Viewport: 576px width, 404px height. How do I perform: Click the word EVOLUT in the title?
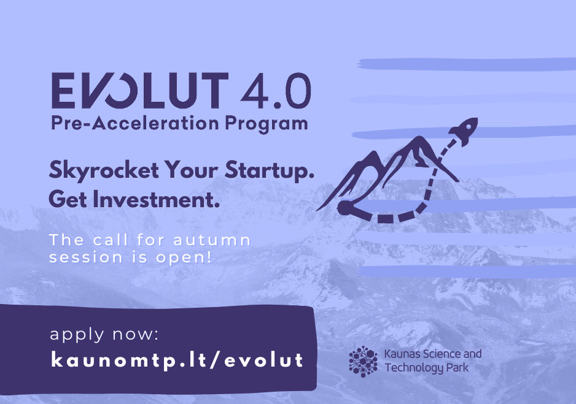pyautogui.click(x=140, y=91)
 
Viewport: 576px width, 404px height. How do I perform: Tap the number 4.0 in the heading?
pyautogui.click(x=276, y=91)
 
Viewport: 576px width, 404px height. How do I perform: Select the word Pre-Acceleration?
pyautogui.click(x=135, y=123)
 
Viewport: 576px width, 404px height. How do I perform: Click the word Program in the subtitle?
pyautogui.click(x=267, y=124)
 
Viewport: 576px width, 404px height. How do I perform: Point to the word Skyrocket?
pyautogui.click(x=104, y=170)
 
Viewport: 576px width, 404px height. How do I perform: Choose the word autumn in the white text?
pyautogui.click(x=212, y=240)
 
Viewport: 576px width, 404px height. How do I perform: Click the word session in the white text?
pyautogui.click(x=85, y=257)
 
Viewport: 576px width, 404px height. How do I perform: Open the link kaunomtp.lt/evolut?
pyautogui.click(x=177, y=360)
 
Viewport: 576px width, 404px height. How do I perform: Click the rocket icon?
pyautogui.click(x=464, y=131)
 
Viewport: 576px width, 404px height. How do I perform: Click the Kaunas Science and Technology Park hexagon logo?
pyautogui.click(x=363, y=362)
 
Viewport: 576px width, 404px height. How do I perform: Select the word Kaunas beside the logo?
pyautogui.click(x=402, y=354)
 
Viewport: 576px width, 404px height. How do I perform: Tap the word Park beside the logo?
pyautogui.click(x=457, y=367)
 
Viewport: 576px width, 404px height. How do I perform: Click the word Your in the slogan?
pyautogui.click(x=192, y=170)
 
